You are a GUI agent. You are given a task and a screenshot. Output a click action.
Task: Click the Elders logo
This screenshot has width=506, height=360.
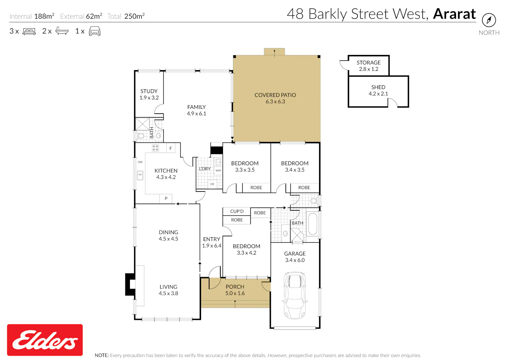click(45, 340)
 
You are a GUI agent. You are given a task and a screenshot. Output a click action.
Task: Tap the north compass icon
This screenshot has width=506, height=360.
click(489, 20)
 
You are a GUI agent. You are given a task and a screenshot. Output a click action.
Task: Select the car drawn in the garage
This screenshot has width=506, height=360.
click(295, 295)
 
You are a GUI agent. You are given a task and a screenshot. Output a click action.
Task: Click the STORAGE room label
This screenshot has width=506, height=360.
click(368, 62)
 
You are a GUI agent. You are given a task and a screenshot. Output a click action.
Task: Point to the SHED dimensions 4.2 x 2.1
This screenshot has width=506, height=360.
click(378, 94)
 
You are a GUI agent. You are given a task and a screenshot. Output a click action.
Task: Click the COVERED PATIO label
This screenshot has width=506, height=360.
click(275, 95)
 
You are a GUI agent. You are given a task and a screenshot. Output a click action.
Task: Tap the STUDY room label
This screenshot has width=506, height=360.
click(149, 91)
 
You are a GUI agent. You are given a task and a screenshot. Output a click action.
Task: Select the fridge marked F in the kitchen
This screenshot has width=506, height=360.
click(171, 148)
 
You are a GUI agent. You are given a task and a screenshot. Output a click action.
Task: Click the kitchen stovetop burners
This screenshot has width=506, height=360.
click(155, 148)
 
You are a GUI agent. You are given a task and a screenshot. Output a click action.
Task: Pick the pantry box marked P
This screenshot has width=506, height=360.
click(166, 199)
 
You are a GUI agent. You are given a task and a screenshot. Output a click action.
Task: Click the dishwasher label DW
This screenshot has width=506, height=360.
click(140, 162)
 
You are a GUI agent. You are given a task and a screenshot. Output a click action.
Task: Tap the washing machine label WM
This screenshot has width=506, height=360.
click(218, 171)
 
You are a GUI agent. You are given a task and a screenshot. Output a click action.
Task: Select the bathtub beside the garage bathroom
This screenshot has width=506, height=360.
click(313, 224)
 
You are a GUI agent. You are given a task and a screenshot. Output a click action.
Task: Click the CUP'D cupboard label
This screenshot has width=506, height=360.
click(237, 211)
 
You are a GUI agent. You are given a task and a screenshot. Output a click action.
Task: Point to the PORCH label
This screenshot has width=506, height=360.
click(235, 287)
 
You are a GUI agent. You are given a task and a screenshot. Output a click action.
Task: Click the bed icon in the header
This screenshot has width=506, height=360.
click(29, 31)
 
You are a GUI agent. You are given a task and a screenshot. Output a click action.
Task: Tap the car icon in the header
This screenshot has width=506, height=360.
click(95, 31)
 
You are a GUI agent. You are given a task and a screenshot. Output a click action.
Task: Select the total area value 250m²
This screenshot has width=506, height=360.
click(134, 16)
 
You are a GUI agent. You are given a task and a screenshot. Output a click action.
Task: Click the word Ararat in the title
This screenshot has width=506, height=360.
click(454, 14)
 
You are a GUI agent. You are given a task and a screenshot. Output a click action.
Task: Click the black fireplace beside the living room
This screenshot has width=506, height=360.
click(130, 284)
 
